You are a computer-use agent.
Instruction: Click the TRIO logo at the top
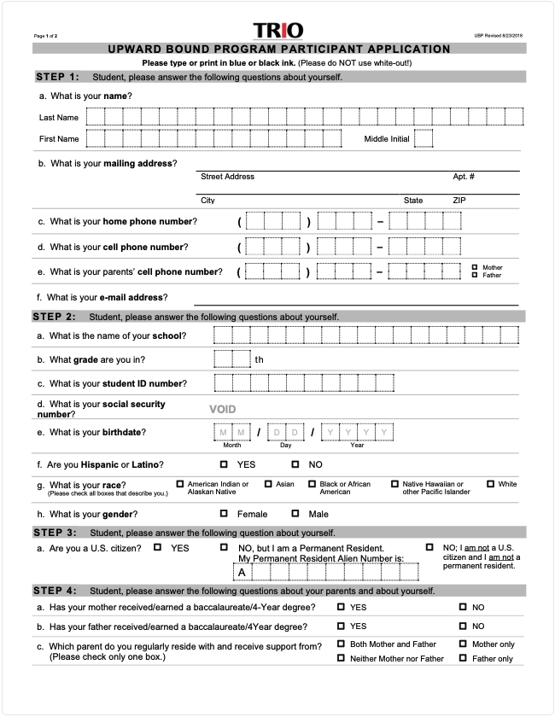(x=277, y=31)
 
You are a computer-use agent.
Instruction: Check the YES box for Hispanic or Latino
(x=224, y=464)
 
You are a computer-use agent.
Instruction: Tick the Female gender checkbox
(x=224, y=514)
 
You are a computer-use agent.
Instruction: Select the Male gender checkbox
(x=295, y=514)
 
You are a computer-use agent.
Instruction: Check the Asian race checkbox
(x=267, y=484)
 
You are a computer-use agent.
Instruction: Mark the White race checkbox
(x=490, y=484)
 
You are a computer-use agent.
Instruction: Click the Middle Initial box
(x=424, y=138)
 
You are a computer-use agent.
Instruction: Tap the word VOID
(x=222, y=410)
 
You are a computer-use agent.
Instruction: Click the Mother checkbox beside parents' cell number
(x=475, y=267)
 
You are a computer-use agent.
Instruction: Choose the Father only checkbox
(x=463, y=658)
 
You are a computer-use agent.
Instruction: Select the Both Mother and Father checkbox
(x=341, y=644)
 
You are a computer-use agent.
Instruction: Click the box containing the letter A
(x=243, y=572)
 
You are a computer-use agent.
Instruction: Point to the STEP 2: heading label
(x=55, y=317)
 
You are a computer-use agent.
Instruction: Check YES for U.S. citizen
(x=158, y=547)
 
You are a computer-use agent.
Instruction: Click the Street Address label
(x=227, y=177)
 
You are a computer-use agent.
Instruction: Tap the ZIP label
(x=459, y=201)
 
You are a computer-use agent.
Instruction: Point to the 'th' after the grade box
(x=259, y=359)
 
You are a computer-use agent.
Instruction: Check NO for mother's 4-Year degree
(x=463, y=607)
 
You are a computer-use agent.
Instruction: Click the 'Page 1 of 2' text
(x=46, y=35)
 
